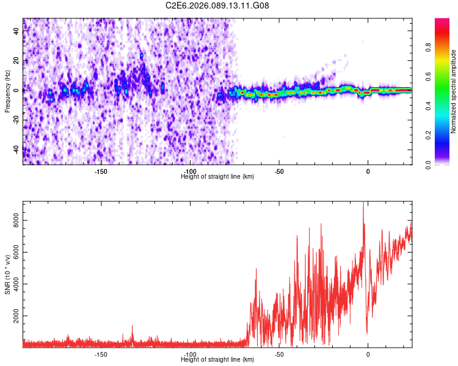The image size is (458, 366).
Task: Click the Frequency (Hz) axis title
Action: (x=7, y=91)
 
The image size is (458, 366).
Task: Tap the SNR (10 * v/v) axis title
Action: (x=7, y=274)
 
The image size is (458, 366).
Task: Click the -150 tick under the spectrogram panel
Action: (x=101, y=171)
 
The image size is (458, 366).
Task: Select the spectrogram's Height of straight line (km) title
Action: (x=217, y=177)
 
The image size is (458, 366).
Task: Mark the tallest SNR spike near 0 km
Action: (x=363, y=204)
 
